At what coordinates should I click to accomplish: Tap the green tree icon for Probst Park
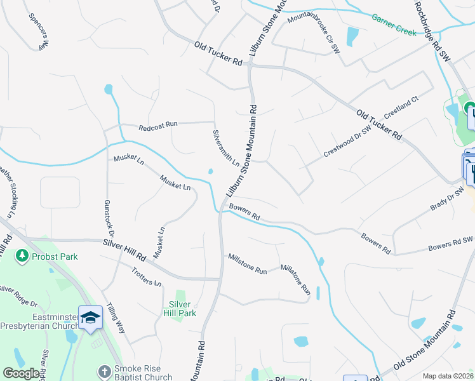22,255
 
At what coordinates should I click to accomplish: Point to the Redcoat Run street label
159,127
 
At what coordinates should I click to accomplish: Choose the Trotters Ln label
146,277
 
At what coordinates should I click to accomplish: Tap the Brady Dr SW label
447,202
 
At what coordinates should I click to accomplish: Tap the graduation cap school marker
90,316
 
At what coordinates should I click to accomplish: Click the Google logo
21,373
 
